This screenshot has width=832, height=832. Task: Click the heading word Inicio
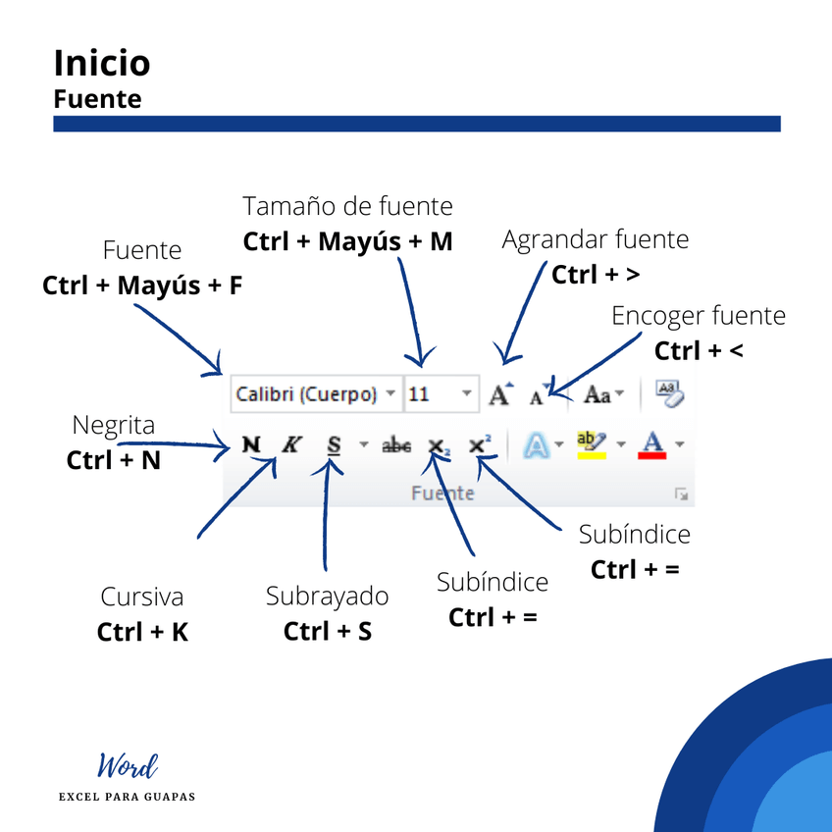pyautogui.click(x=102, y=63)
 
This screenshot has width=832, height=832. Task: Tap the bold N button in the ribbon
pyautogui.click(x=252, y=444)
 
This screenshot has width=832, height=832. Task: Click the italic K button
pyautogui.click(x=290, y=444)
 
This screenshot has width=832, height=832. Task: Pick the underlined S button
pyautogui.click(x=335, y=445)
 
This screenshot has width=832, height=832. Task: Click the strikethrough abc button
pyautogui.click(x=396, y=445)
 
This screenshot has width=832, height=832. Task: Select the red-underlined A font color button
pyautogui.click(x=652, y=445)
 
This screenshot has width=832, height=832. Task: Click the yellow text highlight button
pyautogui.click(x=592, y=444)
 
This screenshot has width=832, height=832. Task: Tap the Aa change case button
pyautogui.click(x=598, y=394)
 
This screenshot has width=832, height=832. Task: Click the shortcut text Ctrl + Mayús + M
pyautogui.click(x=348, y=241)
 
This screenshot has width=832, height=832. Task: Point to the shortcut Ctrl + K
pyautogui.click(x=142, y=633)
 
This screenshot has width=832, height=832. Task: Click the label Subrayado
pyautogui.click(x=327, y=597)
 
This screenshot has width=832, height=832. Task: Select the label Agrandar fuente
pyautogui.click(x=596, y=239)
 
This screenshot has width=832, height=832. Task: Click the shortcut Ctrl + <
pyautogui.click(x=699, y=350)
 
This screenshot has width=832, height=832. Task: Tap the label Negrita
pyautogui.click(x=114, y=425)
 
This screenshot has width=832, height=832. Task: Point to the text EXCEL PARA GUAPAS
pyautogui.click(x=128, y=797)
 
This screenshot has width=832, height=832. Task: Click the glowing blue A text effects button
pyautogui.click(x=537, y=445)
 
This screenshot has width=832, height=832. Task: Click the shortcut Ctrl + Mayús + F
pyautogui.click(x=142, y=286)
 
